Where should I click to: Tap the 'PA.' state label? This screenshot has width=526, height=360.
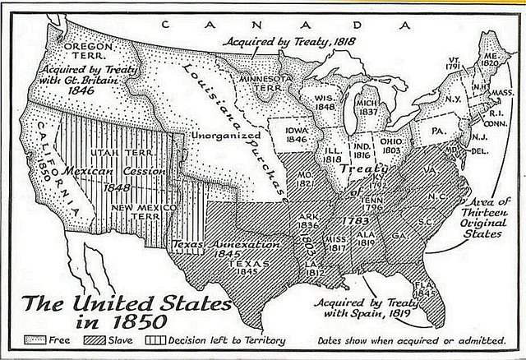(x=439, y=131)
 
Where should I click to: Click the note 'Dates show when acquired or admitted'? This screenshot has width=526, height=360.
(x=410, y=339)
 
